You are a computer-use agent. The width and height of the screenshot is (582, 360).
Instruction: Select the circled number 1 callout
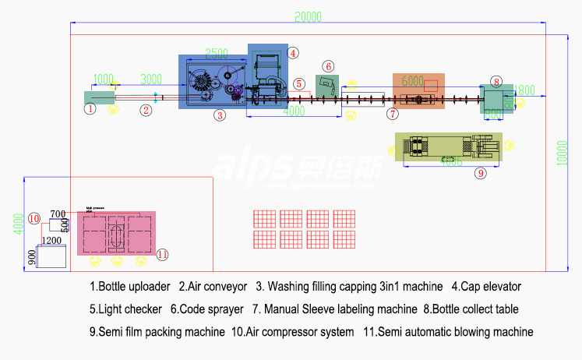click(x=90, y=109)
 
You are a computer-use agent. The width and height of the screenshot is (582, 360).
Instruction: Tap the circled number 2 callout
click(x=146, y=110)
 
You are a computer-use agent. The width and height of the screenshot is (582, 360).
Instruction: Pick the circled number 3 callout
click(x=220, y=115)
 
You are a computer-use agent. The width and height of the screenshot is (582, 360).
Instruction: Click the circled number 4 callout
click(x=292, y=53)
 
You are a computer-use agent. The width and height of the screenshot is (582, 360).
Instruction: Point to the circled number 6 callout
click(x=329, y=67)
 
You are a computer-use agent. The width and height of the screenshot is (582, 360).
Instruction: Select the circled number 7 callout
click(x=393, y=114)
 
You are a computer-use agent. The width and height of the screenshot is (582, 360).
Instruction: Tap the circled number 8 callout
click(x=496, y=80)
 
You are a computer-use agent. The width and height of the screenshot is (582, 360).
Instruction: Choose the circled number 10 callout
click(x=34, y=218)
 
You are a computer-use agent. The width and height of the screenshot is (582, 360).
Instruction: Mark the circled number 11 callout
click(x=162, y=254)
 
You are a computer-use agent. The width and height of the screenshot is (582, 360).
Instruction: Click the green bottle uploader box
click(x=99, y=97)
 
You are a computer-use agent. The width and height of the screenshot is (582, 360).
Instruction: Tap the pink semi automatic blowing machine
click(x=116, y=232)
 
